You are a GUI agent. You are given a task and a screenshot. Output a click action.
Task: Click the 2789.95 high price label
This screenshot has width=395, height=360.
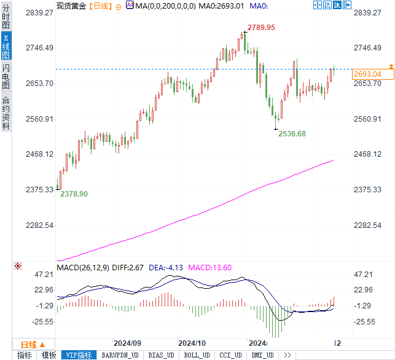(261, 28)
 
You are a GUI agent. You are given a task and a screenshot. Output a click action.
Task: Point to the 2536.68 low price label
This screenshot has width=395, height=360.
(292, 133)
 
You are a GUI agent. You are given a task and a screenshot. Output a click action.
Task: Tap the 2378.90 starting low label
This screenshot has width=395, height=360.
(74, 194)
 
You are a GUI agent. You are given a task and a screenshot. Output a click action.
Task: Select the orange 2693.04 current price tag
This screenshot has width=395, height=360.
(368, 74)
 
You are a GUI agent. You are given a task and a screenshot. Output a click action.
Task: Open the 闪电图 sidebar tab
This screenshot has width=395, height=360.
(6, 76)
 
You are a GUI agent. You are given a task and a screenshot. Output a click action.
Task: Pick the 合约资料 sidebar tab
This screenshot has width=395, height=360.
(6, 112)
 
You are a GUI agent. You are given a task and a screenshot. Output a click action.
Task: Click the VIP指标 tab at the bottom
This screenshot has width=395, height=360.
(79, 355)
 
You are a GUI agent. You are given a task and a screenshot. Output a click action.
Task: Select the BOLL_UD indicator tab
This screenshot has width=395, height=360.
(197, 355)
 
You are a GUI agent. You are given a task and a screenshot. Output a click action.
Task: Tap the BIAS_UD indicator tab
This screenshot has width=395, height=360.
(162, 355)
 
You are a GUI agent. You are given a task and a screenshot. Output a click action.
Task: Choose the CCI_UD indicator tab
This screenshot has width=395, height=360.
(231, 355)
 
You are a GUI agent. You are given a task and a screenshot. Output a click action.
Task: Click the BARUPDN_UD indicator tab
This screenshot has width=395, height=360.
(120, 355)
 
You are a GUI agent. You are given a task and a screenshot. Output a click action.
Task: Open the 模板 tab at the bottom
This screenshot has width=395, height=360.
(49, 355)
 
